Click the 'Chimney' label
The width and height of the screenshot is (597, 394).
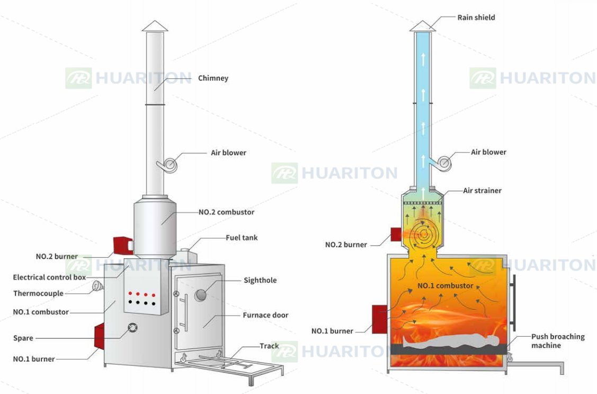(213, 78)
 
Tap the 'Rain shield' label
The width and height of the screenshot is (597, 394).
(476, 17)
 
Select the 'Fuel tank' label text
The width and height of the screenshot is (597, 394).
(242, 238)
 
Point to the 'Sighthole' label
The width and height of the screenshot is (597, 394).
(260, 281)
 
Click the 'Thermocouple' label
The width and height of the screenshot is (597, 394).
(38, 293)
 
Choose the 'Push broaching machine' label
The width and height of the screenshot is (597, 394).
(558, 341)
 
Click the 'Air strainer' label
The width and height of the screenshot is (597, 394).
(482, 190)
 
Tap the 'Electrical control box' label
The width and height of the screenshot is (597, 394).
(49, 277)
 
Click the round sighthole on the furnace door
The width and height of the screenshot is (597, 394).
(201, 294)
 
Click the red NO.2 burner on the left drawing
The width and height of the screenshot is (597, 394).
(122, 246)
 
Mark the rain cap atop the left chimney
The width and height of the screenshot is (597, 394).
(155, 26)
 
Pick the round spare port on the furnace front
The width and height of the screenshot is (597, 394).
(132, 327)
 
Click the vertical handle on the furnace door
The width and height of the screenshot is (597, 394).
(185, 313)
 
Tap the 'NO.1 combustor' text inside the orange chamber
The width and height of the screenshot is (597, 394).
(445, 286)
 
